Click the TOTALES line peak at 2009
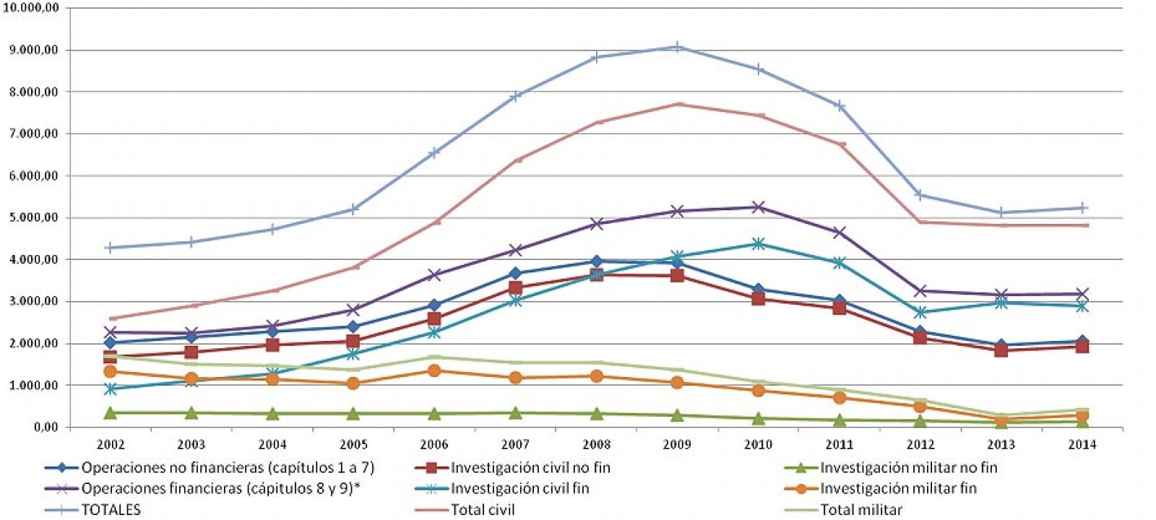click(677, 48)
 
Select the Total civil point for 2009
click(677, 104)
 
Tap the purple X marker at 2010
click(758, 207)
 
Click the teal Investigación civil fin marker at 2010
click(758, 244)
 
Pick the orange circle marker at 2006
click(434, 370)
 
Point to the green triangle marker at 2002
click(111, 413)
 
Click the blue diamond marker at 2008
click(596, 261)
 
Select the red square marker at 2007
click(515, 287)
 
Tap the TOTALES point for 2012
click(920, 195)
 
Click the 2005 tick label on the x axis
click(353, 445)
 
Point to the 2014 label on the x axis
click(1082, 445)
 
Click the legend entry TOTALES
click(111, 509)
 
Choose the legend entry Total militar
click(860, 509)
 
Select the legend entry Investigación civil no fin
click(530, 467)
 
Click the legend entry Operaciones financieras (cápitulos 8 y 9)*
click(220, 488)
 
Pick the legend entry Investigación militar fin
click(898, 488)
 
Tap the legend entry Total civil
click(483, 509)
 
